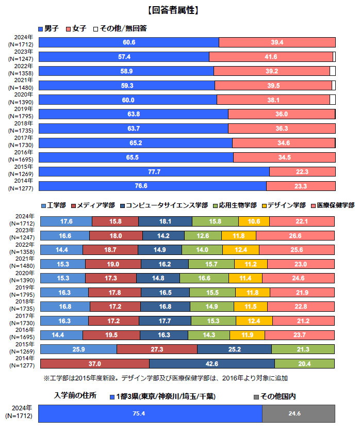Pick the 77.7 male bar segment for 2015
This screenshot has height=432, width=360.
click(x=154, y=171)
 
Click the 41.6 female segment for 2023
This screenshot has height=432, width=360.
click(x=271, y=57)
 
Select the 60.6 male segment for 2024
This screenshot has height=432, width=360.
click(x=129, y=42)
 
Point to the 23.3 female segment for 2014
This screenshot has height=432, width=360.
click(x=301, y=186)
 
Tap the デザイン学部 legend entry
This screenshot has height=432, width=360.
click(x=283, y=205)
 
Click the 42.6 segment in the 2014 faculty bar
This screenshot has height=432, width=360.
click(x=212, y=363)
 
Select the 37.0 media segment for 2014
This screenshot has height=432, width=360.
click(x=94, y=363)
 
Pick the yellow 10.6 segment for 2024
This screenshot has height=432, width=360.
click(x=254, y=221)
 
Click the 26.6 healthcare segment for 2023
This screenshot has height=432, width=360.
click(x=296, y=236)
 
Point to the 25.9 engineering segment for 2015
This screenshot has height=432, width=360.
click(x=78, y=349)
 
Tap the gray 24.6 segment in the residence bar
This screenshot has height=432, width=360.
click(x=299, y=413)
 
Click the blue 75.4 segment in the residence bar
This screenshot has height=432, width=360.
click(x=151, y=413)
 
